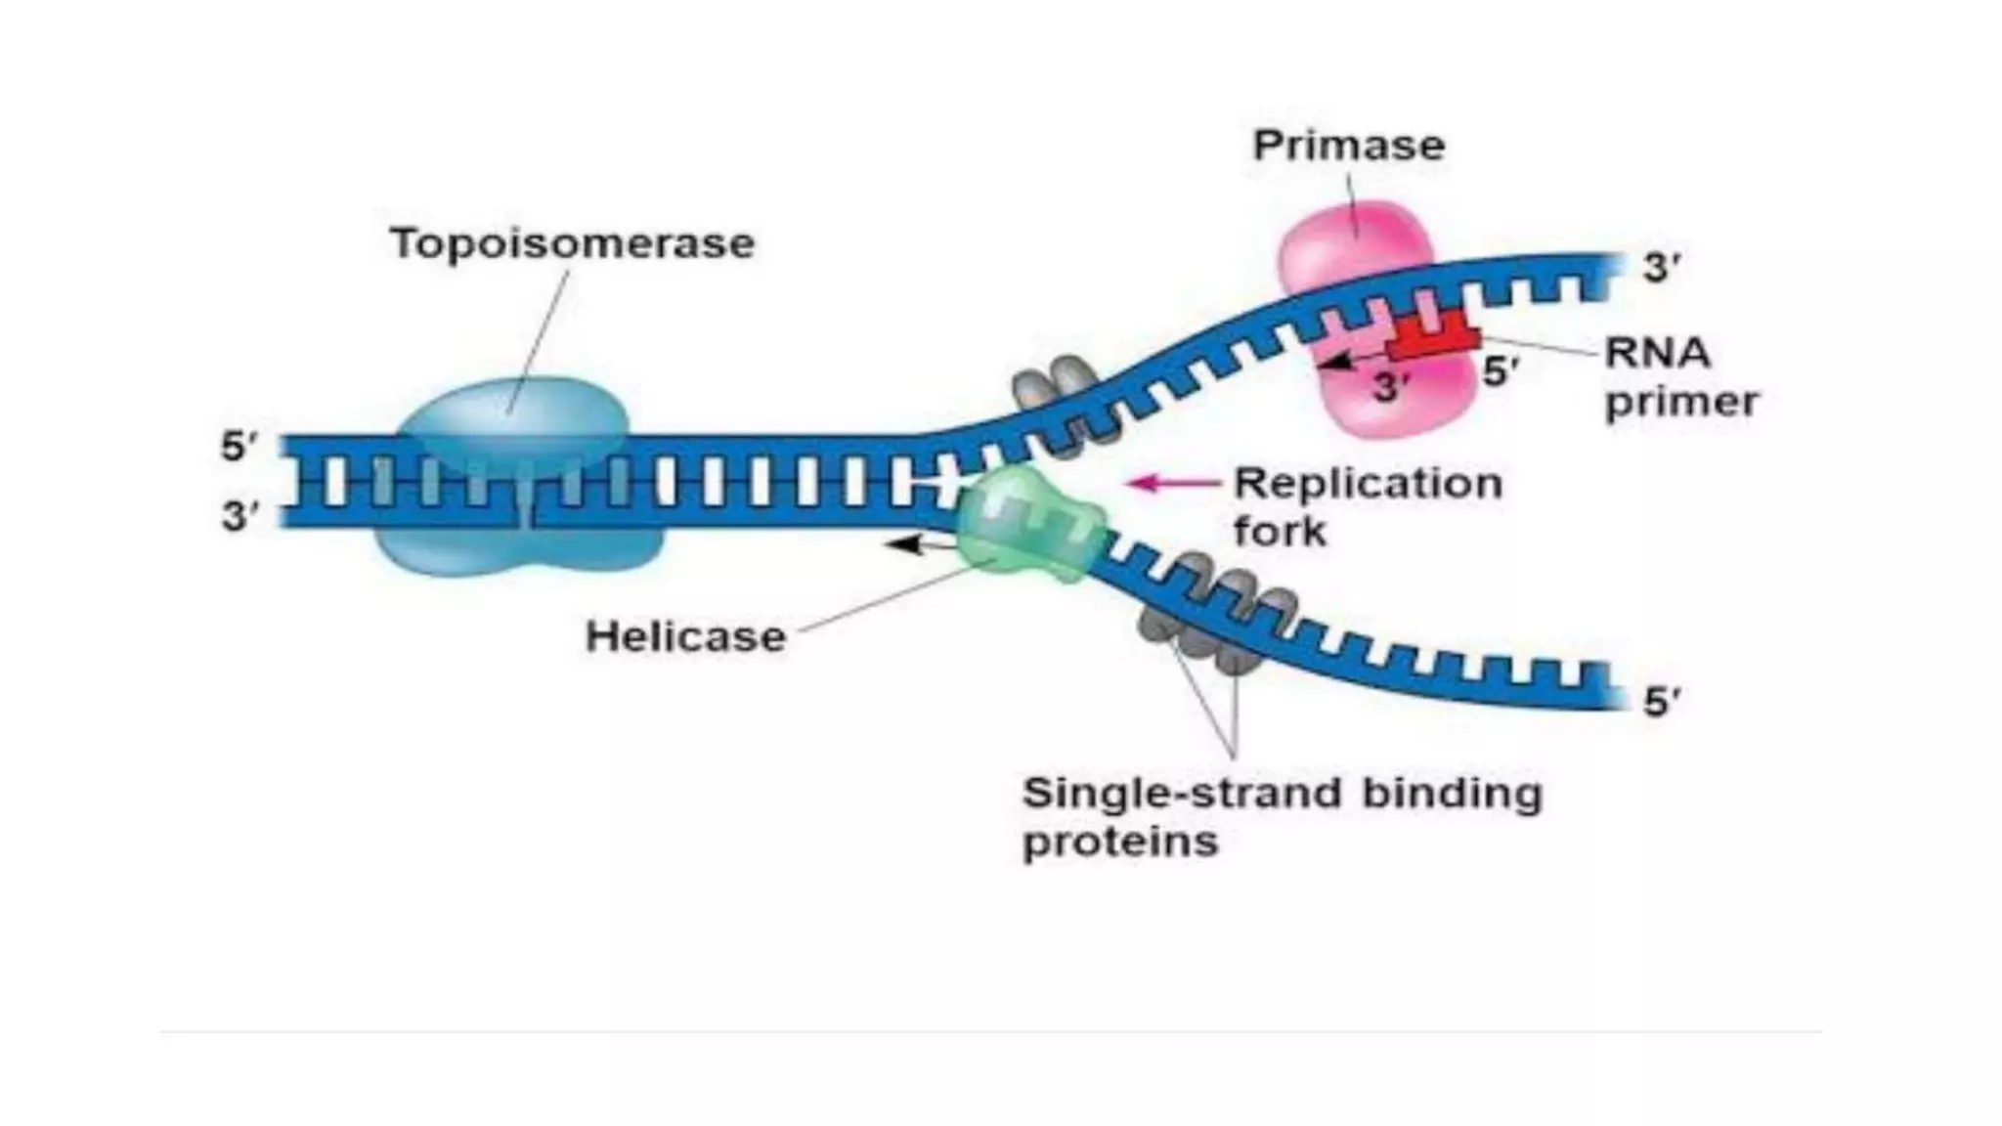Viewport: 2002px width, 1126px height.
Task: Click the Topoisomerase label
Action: (x=572, y=243)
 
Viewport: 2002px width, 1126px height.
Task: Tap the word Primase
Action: (x=1348, y=146)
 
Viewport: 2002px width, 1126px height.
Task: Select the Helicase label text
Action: (x=685, y=637)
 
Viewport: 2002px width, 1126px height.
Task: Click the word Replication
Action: (x=1368, y=483)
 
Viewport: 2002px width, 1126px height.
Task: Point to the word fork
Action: (x=1280, y=532)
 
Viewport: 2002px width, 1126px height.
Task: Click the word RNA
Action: (x=1658, y=353)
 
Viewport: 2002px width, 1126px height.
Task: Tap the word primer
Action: (x=1681, y=402)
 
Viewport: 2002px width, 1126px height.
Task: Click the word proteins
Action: (x=1120, y=842)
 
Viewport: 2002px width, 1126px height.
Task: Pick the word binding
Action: (x=1452, y=793)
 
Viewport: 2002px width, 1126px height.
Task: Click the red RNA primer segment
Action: (x=1433, y=338)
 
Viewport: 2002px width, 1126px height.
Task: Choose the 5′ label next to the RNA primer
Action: (x=1501, y=371)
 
